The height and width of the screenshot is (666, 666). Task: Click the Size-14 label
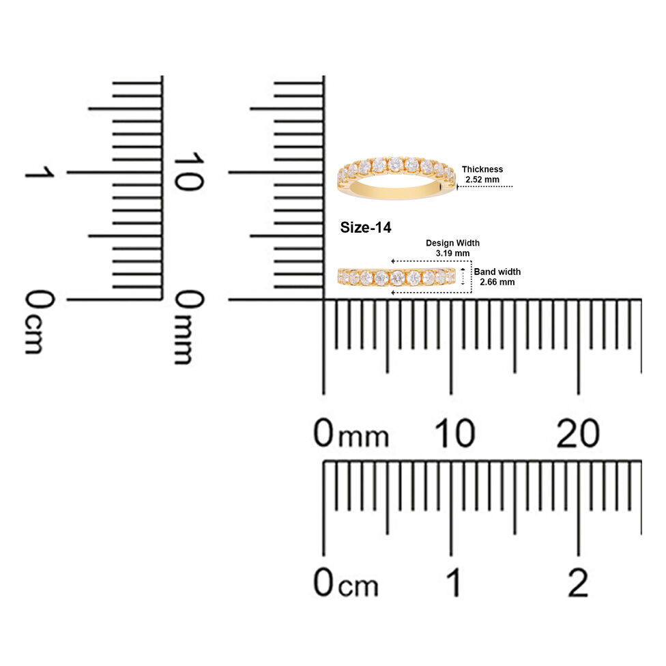[365, 228]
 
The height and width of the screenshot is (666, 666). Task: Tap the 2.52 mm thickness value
[482, 179]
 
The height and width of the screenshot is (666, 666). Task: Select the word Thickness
[482, 169]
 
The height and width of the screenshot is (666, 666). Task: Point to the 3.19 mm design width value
[453, 254]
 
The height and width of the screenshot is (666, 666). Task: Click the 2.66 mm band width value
[497, 282]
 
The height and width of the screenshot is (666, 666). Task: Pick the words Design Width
[453, 243]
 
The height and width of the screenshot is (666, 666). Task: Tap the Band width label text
[497, 272]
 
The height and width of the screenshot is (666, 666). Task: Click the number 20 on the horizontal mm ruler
[578, 433]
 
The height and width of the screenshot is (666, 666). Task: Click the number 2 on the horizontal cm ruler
[578, 582]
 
